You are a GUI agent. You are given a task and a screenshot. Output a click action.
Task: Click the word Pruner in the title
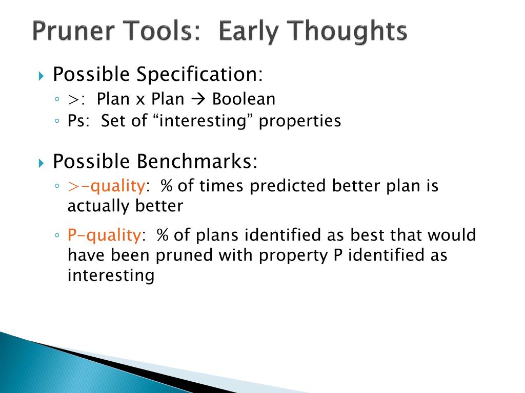pos(74,31)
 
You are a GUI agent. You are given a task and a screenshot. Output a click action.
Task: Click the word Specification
pos(199,74)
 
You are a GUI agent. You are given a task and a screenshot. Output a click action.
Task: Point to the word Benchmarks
pos(197,161)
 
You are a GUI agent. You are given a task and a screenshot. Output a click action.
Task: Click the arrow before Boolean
pos(198,99)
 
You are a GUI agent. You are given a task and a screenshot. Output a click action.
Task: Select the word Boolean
pos(244,99)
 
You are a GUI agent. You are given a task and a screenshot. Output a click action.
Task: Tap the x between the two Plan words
pos(140,100)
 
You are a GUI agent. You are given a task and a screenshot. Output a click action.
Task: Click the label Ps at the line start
pos(76,121)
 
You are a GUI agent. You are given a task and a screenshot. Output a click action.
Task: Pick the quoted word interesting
pos(203,121)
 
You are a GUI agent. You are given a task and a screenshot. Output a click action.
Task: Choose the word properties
pos(299,121)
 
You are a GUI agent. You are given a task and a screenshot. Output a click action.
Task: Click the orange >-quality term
pos(106,186)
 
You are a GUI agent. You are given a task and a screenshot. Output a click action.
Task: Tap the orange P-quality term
pos(104,235)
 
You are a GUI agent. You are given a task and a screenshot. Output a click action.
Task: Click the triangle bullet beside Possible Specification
pos(41,76)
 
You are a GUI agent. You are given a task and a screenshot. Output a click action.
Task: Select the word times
pos(221,186)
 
